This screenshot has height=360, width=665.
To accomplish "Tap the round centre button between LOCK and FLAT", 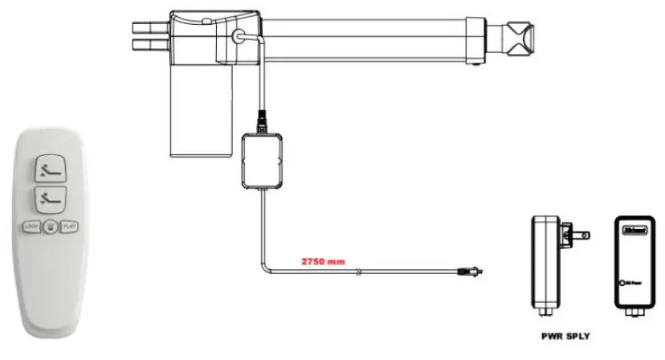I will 51,227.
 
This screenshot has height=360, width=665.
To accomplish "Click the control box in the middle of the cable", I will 262,160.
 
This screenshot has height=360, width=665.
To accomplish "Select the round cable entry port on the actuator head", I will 239,37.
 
